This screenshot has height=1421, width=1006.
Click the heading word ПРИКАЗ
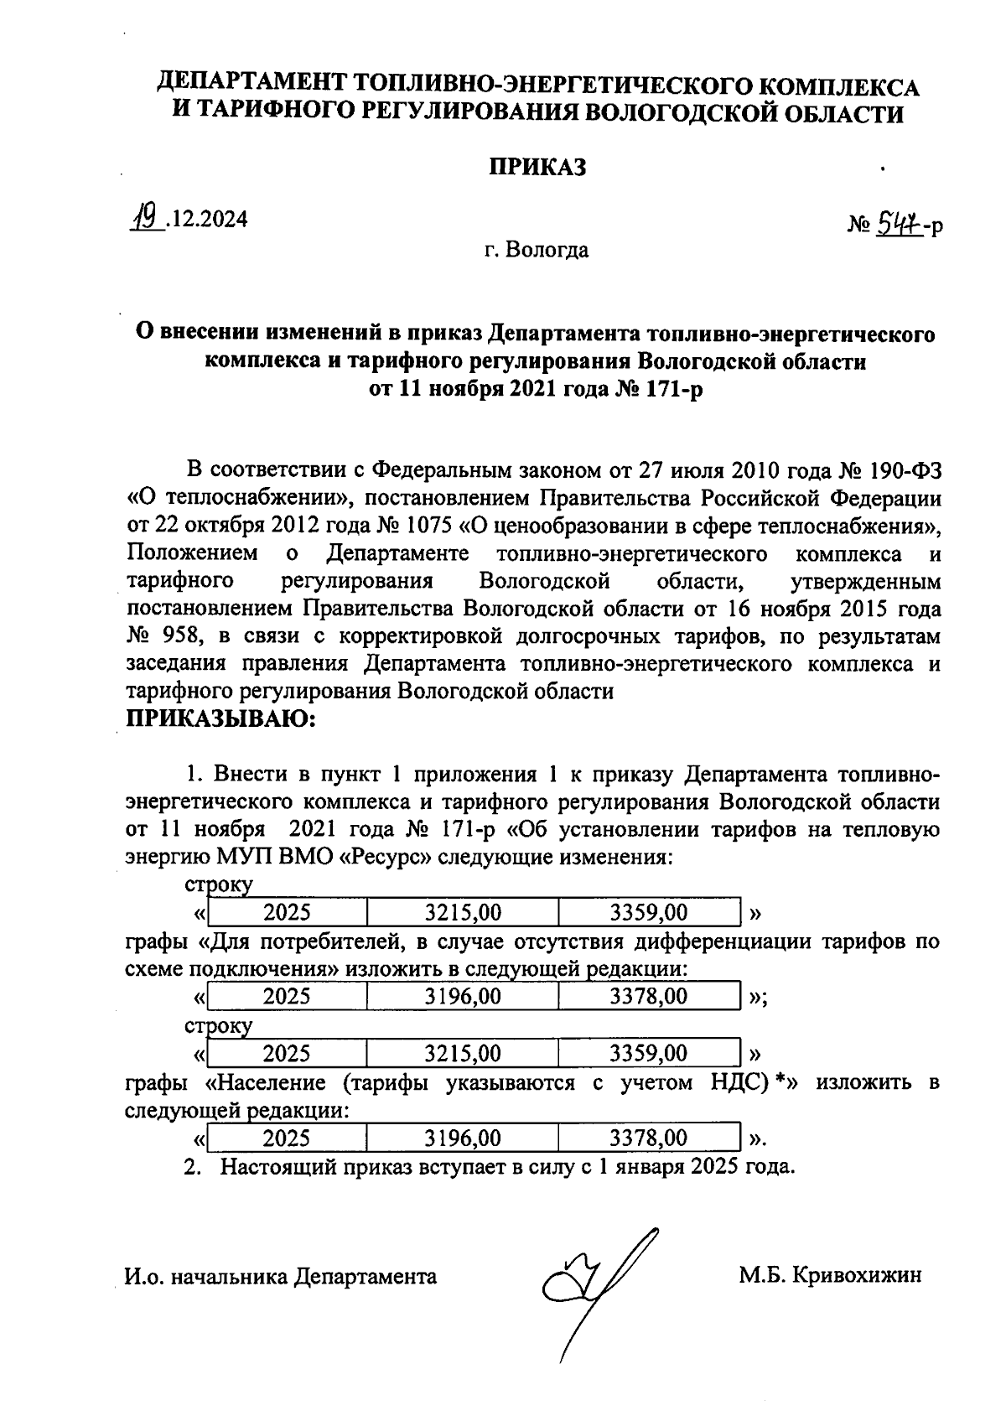[x=537, y=168]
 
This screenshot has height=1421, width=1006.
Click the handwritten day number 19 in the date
[x=148, y=219]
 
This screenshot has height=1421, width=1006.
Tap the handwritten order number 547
[x=896, y=223]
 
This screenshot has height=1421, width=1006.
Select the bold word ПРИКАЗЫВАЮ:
[x=220, y=718]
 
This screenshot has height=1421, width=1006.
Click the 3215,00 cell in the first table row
[x=463, y=912]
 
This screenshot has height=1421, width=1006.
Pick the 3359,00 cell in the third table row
[x=649, y=1052]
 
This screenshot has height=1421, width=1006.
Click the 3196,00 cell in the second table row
[x=463, y=996]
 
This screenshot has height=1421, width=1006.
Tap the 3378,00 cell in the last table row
[x=649, y=1138]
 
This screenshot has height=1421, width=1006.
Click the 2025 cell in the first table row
[x=287, y=912]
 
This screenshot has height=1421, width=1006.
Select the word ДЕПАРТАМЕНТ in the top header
[x=252, y=86]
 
